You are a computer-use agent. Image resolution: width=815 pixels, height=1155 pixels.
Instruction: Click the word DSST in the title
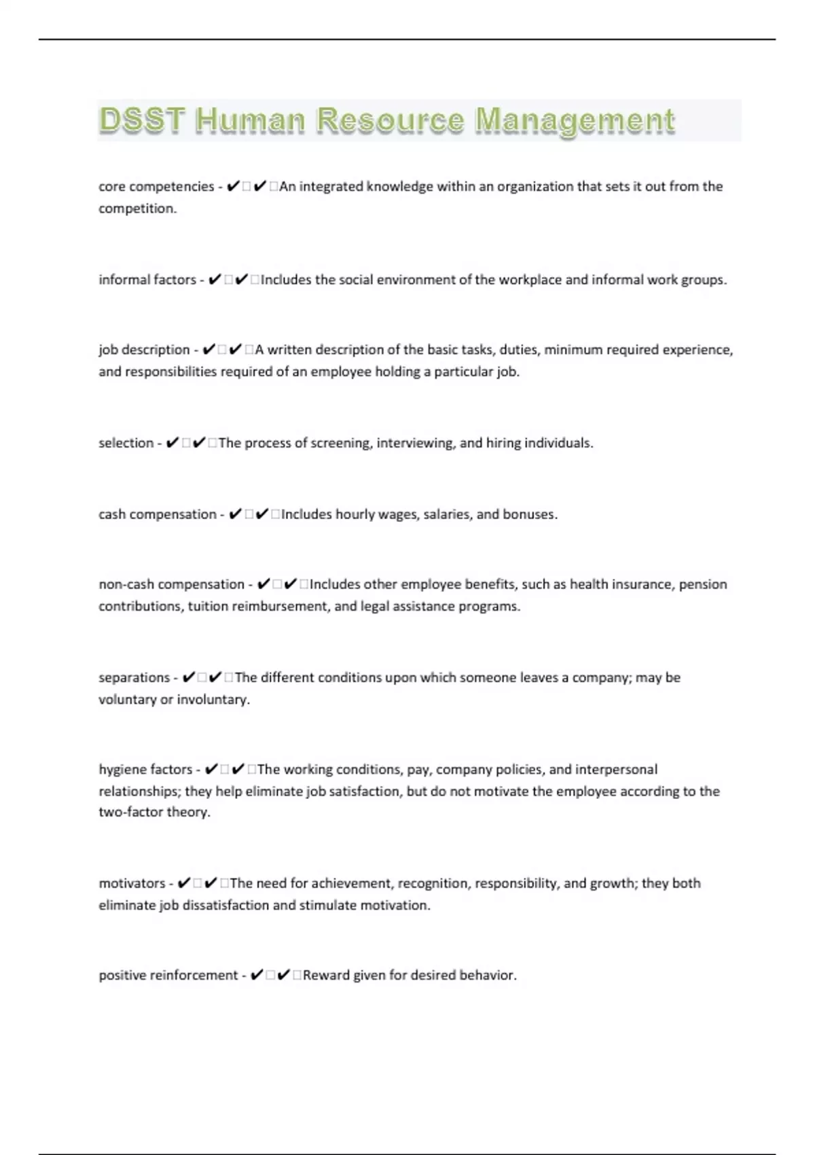142,120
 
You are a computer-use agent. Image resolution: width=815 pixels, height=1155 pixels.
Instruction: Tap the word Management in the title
575,120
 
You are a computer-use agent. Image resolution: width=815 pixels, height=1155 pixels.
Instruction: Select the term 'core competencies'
156,187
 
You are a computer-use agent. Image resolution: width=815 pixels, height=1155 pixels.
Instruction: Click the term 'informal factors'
147,280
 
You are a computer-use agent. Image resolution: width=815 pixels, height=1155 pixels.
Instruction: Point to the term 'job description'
144,350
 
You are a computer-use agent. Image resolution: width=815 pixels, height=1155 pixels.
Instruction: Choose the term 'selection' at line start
126,443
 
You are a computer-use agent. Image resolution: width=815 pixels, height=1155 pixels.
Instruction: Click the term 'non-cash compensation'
171,584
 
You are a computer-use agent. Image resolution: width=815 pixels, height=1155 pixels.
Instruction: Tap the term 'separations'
134,677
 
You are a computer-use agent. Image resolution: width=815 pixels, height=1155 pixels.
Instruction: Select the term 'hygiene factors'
145,770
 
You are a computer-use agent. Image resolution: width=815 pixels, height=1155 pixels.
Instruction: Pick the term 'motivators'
132,883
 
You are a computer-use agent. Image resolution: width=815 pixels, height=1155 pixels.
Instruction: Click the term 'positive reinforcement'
168,976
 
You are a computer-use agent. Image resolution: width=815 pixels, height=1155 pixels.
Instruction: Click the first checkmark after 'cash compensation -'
235,514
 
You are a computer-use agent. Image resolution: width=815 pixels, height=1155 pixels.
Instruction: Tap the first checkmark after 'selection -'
172,443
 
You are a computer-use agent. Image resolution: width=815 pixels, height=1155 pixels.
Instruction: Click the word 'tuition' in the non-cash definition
208,606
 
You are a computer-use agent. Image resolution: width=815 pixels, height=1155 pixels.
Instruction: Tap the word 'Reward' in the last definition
326,976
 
